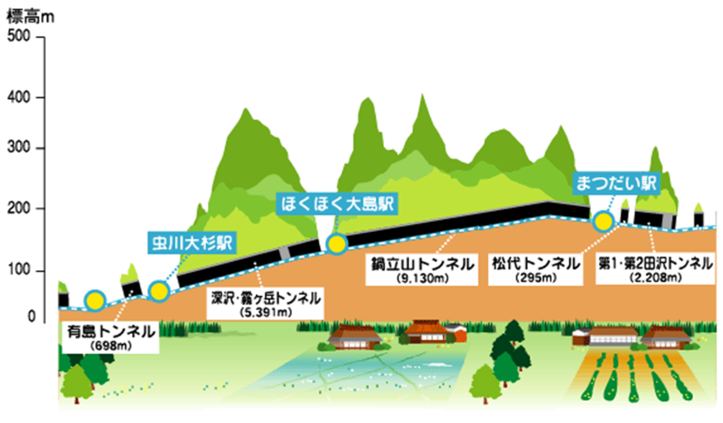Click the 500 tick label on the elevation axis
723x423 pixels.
19,36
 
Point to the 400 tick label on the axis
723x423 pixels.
19,97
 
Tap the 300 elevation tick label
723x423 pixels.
19,147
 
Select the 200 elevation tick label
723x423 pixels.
19,209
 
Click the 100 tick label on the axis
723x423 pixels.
19,269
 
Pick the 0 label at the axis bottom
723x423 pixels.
31,316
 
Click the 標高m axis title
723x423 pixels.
30,17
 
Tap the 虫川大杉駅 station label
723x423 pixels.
192,242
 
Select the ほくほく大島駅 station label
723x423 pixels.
337,204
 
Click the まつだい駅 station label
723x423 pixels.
616,183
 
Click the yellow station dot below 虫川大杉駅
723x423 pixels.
159,291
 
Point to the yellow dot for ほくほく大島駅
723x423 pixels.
337,244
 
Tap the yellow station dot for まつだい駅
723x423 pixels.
603,221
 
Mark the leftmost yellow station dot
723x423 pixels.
95,301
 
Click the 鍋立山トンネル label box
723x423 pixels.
422,270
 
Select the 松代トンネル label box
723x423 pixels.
536,270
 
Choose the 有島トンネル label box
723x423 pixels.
111,337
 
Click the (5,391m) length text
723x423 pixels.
266,312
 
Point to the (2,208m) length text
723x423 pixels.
656,277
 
